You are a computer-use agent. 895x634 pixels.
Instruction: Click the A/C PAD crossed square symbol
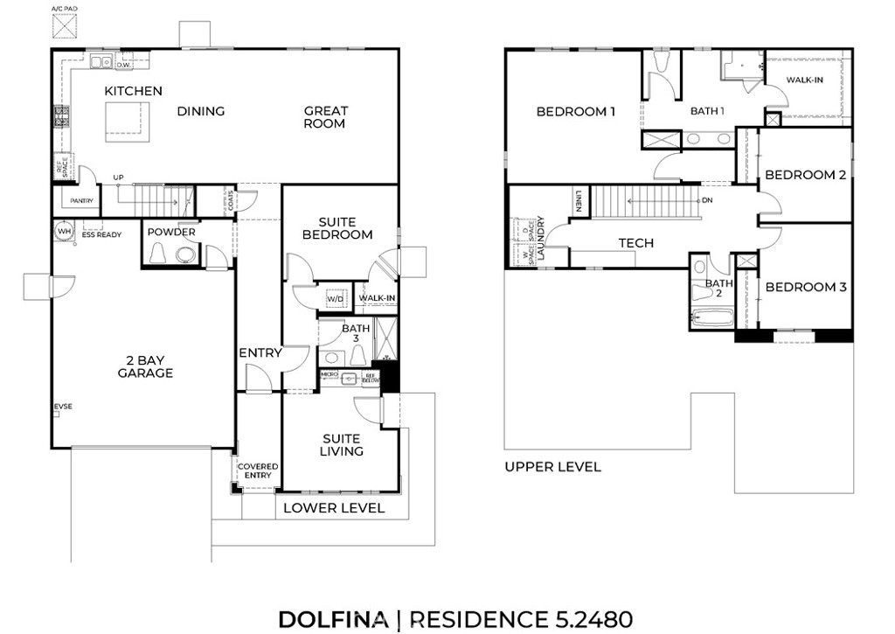tap(64, 26)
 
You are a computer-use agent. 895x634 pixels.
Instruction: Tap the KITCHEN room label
tap(133, 91)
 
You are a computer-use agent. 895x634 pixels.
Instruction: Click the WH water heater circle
tap(64, 232)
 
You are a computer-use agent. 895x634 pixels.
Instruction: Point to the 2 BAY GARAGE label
tap(145, 366)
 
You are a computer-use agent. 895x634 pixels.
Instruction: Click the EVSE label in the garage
tap(63, 407)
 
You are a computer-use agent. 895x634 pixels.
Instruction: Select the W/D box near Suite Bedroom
tap(336, 299)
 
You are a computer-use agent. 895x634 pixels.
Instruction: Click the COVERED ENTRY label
tap(258, 471)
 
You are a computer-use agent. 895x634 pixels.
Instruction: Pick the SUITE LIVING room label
tap(342, 445)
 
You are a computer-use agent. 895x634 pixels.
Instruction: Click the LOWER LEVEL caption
tap(334, 508)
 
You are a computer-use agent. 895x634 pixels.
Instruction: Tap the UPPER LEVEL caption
tap(552, 467)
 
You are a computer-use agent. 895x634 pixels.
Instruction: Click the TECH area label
tap(635, 243)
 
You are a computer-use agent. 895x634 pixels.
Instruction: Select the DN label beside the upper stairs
tap(707, 199)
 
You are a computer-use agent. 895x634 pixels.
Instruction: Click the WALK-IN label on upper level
tap(803, 80)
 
